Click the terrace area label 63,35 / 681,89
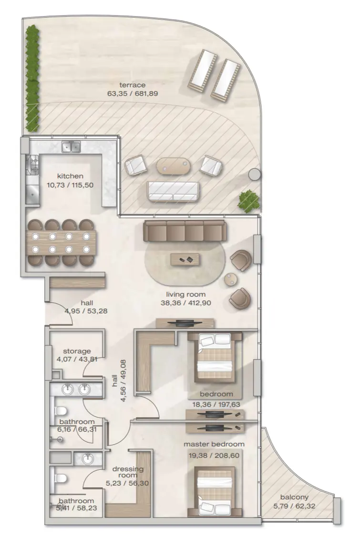[x=132, y=93]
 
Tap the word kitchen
[x=70, y=176]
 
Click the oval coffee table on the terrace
[x=173, y=166]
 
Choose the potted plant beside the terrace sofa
[x=248, y=201]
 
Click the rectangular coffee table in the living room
[x=186, y=259]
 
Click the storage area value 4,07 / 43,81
[x=77, y=359]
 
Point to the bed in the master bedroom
[x=215, y=491]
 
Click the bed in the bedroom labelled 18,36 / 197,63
[x=215, y=358]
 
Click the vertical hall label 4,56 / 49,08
[x=117, y=380]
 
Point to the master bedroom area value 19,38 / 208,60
[x=214, y=455]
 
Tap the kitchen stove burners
[x=34, y=165]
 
